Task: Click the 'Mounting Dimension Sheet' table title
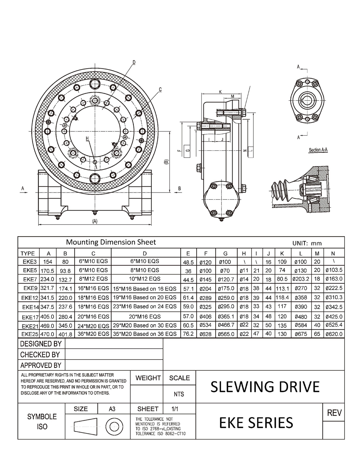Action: tap(111, 242)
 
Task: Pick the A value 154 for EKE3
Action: tap(48, 262)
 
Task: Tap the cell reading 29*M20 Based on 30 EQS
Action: tap(145, 325)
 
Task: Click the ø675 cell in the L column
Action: tap(301, 334)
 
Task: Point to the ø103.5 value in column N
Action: tap(334, 270)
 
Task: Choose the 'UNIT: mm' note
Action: tap(307, 243)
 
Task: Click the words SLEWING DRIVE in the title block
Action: tap(265, 387)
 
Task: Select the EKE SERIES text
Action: tap(256, 422)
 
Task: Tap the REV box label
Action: tap(334, 413)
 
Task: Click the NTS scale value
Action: tap(179, 394)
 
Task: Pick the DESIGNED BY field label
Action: tap(41, 344)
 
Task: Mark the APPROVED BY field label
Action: tap(41, 365)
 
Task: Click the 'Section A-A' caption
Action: tap(318, 150)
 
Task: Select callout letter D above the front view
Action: tap(134, 62)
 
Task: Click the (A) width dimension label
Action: tap(95, 221)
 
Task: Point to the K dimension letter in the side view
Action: tap(220, 92)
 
